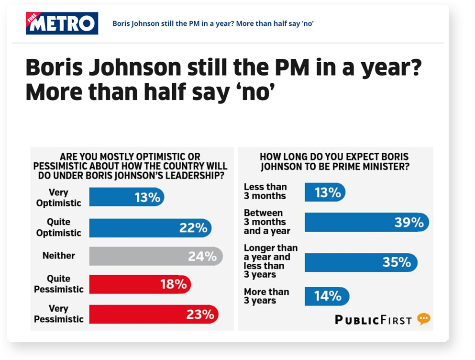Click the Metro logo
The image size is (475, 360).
(62, 23)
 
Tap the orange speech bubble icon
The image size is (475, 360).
(423, 319)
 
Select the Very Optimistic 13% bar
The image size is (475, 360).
(127, 197)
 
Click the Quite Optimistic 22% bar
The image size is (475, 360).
(150, 228)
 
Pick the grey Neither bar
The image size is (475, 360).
(156, 256)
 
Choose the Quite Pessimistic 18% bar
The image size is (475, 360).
(140, 284)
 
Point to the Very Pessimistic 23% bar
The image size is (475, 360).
(154, 314)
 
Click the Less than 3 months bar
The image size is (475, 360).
(325, 192)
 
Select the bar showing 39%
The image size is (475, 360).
(367, 222)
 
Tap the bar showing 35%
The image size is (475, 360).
(361, 262)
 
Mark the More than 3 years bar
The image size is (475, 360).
(327, 296)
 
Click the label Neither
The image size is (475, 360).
(58, 256)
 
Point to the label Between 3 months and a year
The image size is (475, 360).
(267, 222)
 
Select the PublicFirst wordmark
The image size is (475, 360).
(373, 320)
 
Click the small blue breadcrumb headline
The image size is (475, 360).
(213, 23)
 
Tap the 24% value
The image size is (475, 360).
(202, 257)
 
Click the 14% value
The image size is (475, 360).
(328, 296)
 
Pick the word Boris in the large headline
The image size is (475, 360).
(54, 67)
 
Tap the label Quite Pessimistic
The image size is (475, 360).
(58, 284)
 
